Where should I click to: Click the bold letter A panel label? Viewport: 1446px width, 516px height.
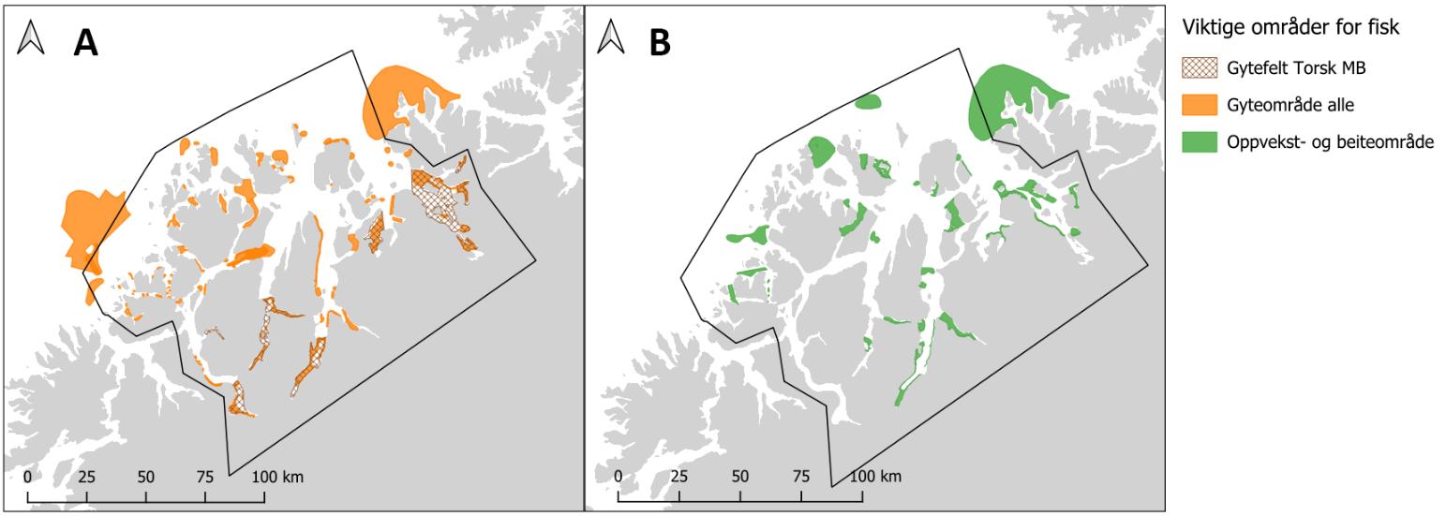[85, 43]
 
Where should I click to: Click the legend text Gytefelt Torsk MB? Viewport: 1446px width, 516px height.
[1290, 68]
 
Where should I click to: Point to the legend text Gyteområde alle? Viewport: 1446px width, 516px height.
[1283, 105]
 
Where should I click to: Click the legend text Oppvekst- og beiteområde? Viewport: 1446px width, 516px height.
[1330, 142]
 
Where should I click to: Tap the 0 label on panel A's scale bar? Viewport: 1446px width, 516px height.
[28, 477]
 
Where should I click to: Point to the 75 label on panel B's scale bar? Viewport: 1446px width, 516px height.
[800, 477]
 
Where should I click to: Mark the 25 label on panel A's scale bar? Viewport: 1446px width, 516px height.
[86, 477]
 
